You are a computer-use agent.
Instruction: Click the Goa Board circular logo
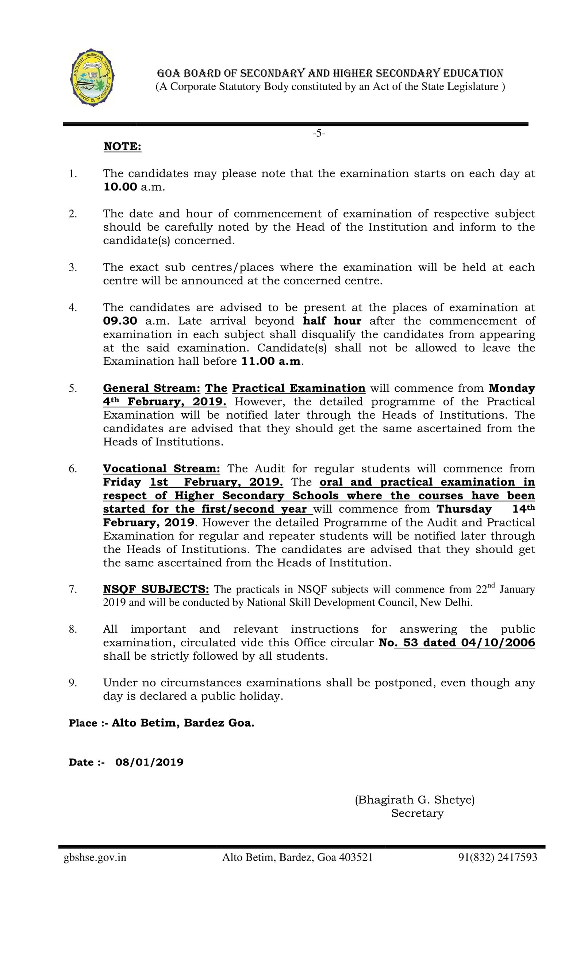click(x=92, y=77)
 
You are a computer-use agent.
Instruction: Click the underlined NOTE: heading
click(x=122, y=146)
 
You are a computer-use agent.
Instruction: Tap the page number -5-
click(x=319, y=134)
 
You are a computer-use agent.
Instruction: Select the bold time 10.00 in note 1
click(x=120, y=187)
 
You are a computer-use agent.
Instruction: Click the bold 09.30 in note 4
click(x=120, y=321)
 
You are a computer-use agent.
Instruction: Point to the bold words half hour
click(x=332, y=321)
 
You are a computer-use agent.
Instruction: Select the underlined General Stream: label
click(x=151, y=388)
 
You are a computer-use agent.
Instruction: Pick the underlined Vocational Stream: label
click(x=161, y=468)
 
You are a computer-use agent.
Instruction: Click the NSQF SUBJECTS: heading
click(x=156, y=589)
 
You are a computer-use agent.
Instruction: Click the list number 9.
click(x=73, y=683)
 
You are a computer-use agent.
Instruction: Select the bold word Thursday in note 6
click(x=464, y=509)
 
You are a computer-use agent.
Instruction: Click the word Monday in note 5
click(x=511, y=388)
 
